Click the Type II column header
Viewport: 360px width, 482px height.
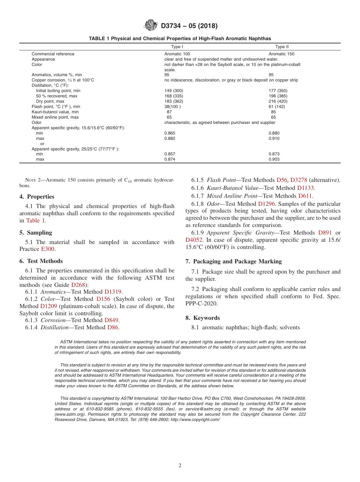[282, 47]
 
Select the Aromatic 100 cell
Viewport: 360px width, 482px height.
[177, 54]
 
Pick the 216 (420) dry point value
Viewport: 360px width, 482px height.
[278, 102]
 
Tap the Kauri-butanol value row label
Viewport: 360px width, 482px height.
[55, 112]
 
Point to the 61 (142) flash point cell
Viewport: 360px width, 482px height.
[277, 107]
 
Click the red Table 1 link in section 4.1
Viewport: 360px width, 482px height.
[36, 221]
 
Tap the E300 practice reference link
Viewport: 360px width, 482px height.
[47, 249]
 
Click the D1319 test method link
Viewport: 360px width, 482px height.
[113, 292]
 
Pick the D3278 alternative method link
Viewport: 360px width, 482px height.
[299, 180]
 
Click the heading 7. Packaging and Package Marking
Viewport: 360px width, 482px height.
[233, 261]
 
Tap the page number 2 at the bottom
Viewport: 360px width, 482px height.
[180, 466]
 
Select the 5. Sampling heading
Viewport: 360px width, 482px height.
[36, 233]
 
